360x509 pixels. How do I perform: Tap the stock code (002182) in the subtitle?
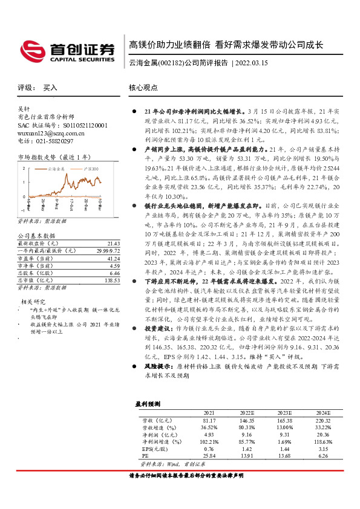(x=170, y=63)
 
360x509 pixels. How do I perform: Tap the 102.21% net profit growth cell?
(x=209, y=426)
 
